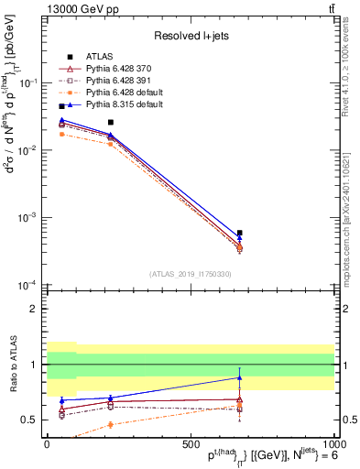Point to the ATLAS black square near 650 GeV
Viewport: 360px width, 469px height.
click(239, 234)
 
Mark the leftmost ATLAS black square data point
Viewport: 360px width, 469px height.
click(61, 106)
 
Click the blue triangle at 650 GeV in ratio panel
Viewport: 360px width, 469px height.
click(239, 377)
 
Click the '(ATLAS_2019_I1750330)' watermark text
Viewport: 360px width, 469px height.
click(191, 274)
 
